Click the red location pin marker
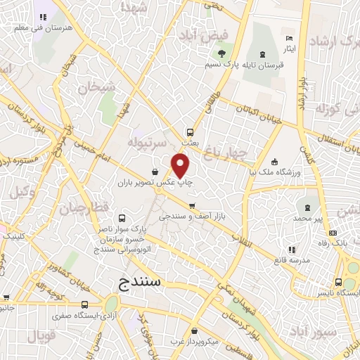181,166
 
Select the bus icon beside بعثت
190,131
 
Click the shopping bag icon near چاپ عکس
155,171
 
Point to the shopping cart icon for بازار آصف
193,206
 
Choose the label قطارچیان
83,208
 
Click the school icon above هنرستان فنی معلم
43,17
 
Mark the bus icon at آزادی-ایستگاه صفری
85,304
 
